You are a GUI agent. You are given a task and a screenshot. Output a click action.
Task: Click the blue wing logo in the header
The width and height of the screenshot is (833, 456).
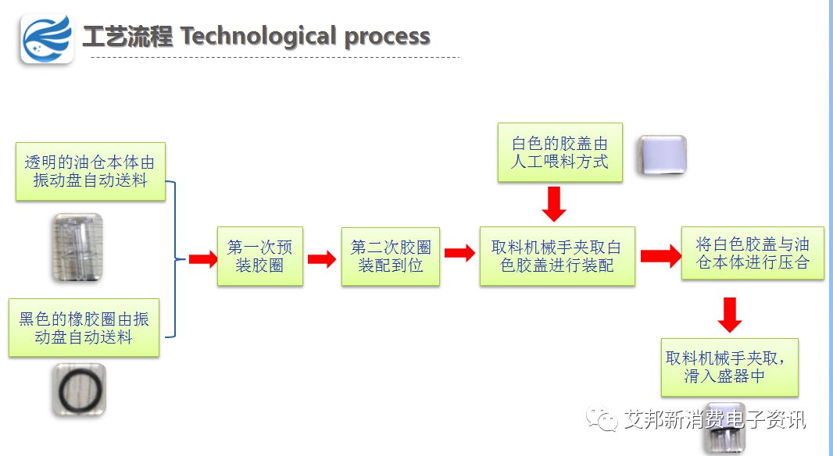[47, 39]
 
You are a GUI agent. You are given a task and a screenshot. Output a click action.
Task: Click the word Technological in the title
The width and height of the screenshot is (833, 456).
[259, 36]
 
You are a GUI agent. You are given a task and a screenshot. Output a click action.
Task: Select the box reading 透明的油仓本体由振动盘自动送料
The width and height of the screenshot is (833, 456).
[91, 172]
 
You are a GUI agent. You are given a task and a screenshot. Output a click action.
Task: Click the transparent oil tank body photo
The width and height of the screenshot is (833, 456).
[77, 248]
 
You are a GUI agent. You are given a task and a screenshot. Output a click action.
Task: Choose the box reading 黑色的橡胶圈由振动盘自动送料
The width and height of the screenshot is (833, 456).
[84, 327]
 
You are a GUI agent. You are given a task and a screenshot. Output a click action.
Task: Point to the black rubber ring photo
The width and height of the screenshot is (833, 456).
[79, 390]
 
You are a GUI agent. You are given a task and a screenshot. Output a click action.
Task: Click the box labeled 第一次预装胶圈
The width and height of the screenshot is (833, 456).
[259, 256]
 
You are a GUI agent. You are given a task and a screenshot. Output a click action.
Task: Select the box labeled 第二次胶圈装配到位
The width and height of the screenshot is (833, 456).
[391, 256]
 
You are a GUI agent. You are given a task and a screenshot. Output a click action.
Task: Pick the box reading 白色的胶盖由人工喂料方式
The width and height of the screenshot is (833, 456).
[560, 153]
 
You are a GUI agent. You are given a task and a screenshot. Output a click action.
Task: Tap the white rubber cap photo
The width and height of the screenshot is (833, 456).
[662, 155]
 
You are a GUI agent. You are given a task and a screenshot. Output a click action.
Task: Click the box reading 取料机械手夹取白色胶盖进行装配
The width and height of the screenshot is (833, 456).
[557, 256]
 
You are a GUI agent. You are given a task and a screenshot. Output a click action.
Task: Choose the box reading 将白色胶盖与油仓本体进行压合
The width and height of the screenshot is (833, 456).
[753, 253]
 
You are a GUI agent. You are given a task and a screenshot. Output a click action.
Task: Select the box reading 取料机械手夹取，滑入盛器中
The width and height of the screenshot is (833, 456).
[729, 367]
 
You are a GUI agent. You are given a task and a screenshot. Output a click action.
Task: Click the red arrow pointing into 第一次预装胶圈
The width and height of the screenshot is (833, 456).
[203, 259]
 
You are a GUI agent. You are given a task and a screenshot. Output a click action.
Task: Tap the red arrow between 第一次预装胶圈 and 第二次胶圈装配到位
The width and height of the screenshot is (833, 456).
[322, 259]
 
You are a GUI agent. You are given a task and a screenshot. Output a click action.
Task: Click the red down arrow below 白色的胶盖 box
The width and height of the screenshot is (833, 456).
[554, 204]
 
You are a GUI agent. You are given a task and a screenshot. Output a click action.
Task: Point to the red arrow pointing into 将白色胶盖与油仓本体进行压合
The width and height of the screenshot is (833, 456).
[661, 256]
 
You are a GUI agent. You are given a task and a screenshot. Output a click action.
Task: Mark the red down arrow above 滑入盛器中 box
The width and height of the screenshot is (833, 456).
[730, 315]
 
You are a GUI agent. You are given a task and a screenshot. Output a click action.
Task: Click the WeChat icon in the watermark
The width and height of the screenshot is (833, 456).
[602, 419]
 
